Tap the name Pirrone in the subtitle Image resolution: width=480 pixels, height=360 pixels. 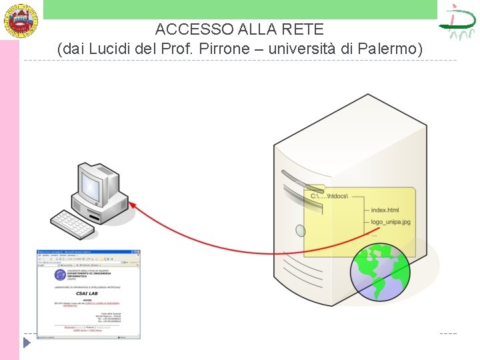(251, 49)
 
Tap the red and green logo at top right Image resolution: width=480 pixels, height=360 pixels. (457, 22)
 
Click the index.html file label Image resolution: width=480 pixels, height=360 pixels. (385, 210)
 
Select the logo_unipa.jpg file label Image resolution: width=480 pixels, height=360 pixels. (391, 222)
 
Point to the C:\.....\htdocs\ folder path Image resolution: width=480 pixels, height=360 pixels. (329, 196)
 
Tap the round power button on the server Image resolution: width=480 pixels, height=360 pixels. (301, 231)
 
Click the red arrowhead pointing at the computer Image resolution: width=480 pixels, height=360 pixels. (133, 207)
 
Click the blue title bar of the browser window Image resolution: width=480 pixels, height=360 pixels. (89, 253)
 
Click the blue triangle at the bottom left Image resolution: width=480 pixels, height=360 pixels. (27, 343)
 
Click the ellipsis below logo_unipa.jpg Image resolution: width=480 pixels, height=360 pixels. (374, 235)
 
